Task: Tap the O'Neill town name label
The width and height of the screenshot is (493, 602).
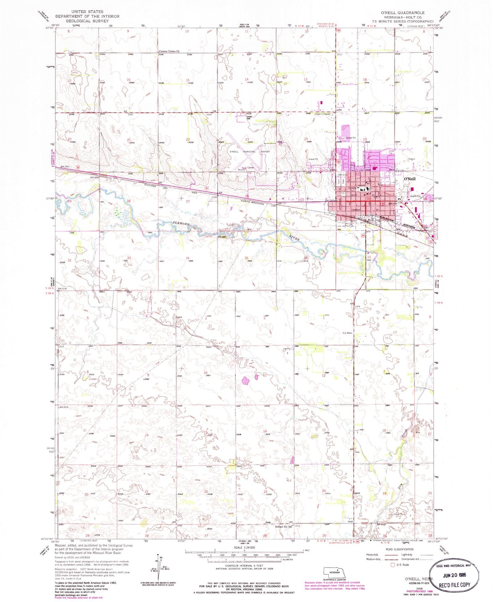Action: [x=409, y=179]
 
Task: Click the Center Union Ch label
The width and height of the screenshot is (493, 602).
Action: [x=169, y=52]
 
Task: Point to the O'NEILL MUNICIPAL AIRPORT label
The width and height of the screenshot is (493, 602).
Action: [x=250, y=152]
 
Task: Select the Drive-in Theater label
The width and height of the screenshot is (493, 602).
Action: [x=323, y=114]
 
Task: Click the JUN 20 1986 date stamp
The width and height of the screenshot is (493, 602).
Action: [x=455, y=574]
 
